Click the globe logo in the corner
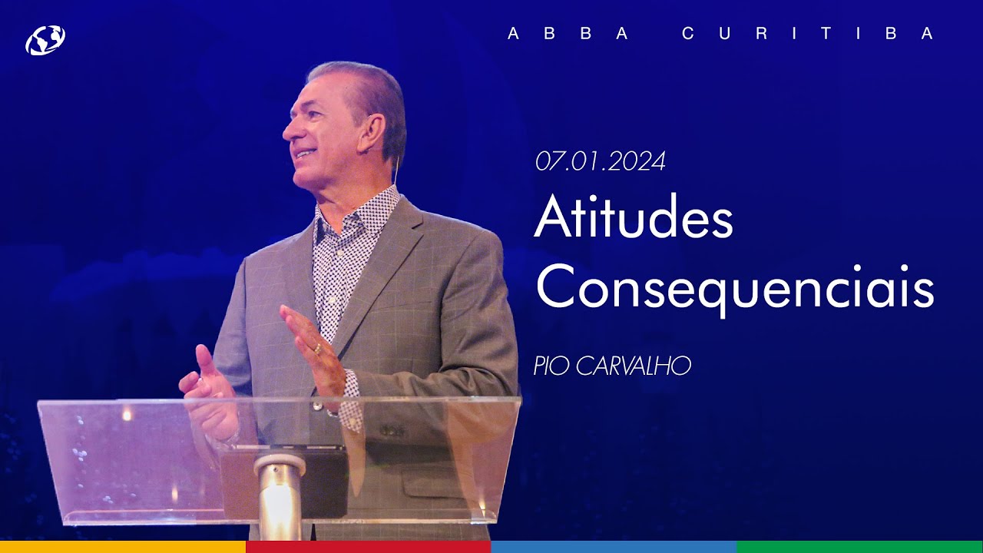tap(45, 40)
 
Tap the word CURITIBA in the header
tap(808, 34)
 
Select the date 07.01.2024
tap(601, 161)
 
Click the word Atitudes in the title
tap(634, 219)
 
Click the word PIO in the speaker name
tap(550, 366)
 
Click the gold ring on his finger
tap(318, 348)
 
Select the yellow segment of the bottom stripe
tap(123, 547)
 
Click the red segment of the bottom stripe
tap(369, 547)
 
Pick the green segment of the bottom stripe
tap(860, 547)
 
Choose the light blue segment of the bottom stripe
tap(614, 547)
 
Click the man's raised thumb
tap(204, 361)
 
